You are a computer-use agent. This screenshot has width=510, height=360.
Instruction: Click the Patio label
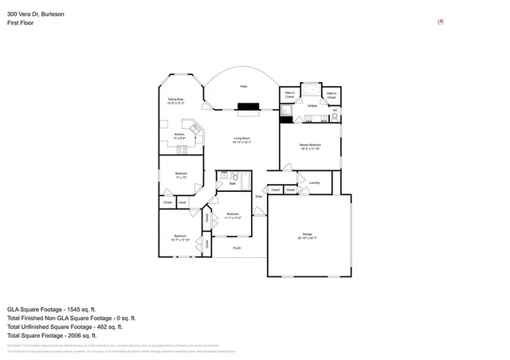(x=243, y=86)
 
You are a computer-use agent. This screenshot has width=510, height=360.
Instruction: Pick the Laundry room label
(x=314, y=182)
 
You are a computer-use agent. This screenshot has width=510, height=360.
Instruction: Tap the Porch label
(x=237, y=248)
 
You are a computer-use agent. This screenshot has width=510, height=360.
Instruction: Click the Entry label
(x=258, y=196)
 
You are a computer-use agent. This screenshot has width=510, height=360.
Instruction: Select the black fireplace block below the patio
(x=249, y=105)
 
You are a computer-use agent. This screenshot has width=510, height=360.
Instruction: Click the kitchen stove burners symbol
(x=182, y=148)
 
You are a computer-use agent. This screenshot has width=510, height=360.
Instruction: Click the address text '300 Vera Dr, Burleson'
(x=36, y=14)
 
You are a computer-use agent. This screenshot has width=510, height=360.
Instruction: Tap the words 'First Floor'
(x=21, y=23)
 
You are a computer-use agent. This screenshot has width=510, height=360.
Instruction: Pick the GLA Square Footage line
(x=51, y=308)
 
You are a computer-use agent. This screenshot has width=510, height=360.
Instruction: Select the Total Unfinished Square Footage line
(x=64, y=326)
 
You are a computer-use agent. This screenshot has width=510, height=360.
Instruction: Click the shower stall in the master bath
(x=286, y=112)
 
